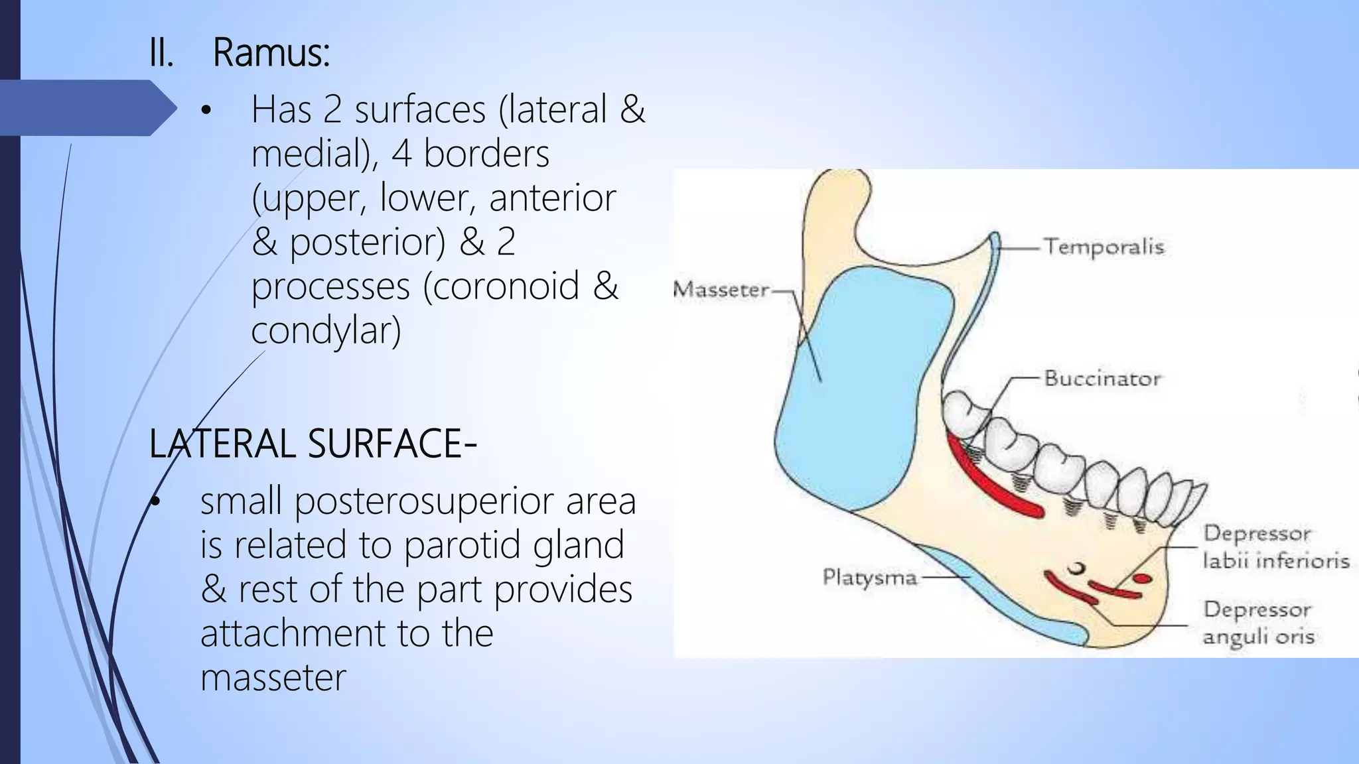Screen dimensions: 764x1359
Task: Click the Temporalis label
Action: [1104, 247]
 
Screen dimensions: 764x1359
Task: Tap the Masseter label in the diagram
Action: [721, 290]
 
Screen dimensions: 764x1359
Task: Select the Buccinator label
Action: [1102, 379]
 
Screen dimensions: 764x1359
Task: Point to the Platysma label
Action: [869, 577]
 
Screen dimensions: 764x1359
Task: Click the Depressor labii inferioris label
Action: [1275, 547]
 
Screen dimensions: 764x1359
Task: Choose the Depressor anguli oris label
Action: [1258, 623]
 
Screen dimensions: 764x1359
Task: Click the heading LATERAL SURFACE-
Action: [313, 444]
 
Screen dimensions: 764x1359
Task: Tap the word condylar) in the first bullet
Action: [326, 330]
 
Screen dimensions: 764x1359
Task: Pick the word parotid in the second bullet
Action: [448, 545]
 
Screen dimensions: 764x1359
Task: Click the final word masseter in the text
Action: [273, 678]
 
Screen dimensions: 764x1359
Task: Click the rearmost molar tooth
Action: [966, 414]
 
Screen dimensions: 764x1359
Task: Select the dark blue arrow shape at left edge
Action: [86, 108]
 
